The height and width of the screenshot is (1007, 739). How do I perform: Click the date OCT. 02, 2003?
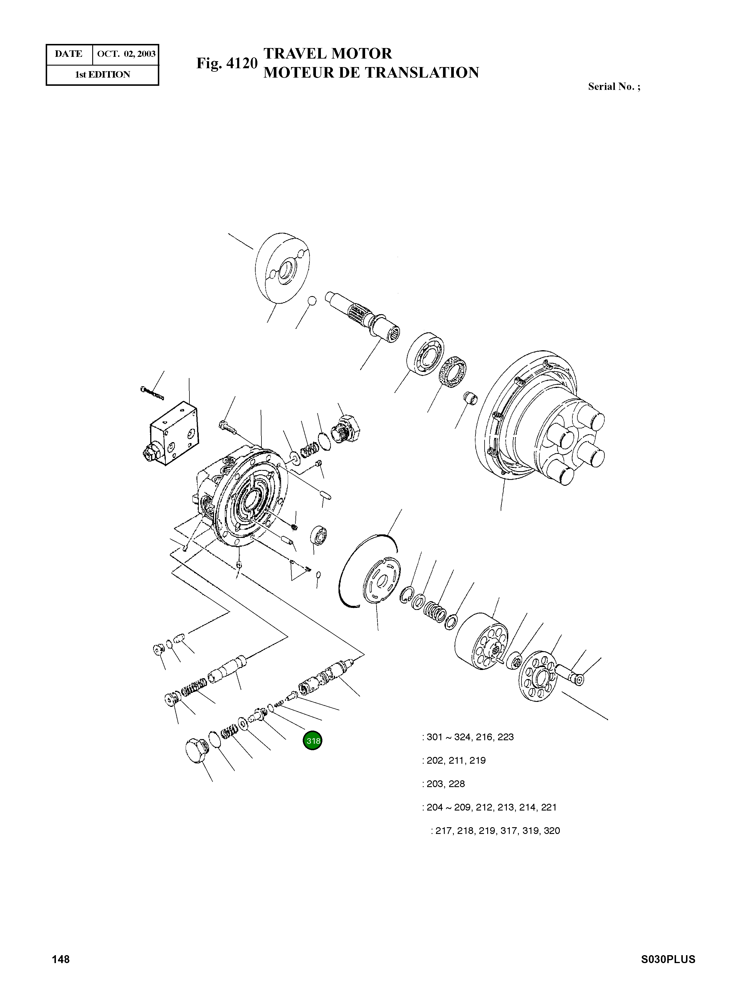tap(126, 54)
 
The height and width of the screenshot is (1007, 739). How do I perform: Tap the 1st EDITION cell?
tap(102, 75)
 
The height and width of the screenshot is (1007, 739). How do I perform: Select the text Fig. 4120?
tap(227, 64)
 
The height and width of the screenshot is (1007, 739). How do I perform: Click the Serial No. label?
tap(613, 87)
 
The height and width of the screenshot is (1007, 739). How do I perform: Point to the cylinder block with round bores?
tap(482, 641)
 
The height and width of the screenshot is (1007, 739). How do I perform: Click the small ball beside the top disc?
tap(312, 300)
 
